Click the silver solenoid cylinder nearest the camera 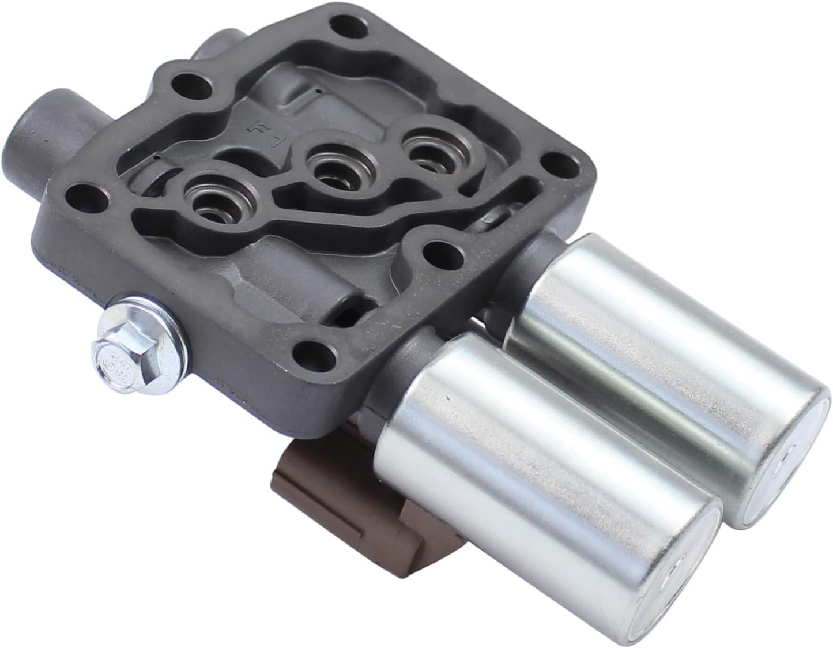tap(536, 473)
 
